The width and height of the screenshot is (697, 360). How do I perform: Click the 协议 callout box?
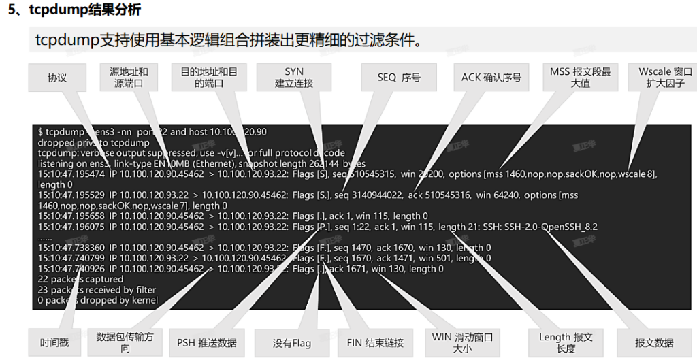point(57,78)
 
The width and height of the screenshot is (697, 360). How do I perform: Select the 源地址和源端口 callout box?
point(129,78)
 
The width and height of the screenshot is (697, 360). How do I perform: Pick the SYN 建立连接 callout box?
point(294,78)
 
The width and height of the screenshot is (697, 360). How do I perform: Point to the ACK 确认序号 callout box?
point(491,78)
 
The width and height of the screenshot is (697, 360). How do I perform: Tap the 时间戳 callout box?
point(54,342)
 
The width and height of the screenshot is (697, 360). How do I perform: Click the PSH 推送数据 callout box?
point(206,342)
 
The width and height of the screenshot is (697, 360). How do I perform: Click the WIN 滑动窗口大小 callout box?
point(462,342)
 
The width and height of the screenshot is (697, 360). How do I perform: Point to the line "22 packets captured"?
point(80,279)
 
